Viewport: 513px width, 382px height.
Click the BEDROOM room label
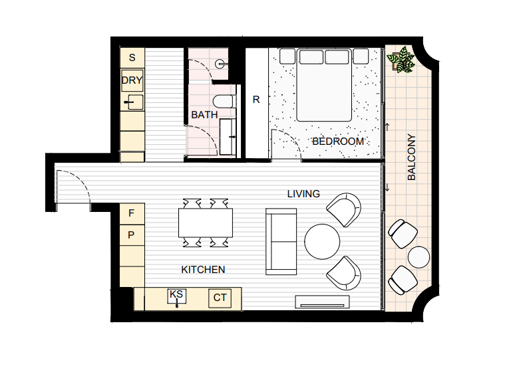click(x=338, y=142)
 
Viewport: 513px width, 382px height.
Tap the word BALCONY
click(x=412, y=157)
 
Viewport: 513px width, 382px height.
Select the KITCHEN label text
click(x=203, y=270)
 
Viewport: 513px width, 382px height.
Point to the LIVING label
click(x=303, y=194)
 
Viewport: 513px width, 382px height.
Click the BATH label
click(x=204, y=115)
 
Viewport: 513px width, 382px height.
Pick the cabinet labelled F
click(x=132, y=214)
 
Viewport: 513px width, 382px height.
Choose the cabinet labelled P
click(x=132, y=235)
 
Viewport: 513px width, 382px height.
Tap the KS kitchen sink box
click(x=177, y=297)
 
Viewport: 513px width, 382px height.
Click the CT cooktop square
click(x=220, y=298)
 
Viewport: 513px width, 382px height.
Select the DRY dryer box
click(x=132, y=80)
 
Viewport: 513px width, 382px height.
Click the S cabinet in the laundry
click(x=132, y=58)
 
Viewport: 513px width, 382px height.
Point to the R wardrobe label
click(x=256, y=100)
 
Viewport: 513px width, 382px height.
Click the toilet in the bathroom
click(x=224, y=101)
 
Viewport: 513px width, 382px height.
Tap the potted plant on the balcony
click(x=401, y=60)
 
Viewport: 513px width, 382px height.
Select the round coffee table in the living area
click(x=322, y=241)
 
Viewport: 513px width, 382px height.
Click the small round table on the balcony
click(x=419, y=257)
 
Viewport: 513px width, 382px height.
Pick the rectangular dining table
click(x=206, y=223)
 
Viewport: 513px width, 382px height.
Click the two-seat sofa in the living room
click(x=281, y=241)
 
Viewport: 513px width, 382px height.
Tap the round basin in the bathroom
click(x=220, y=64)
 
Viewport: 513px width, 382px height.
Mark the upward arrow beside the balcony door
click(x=388, y=127)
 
